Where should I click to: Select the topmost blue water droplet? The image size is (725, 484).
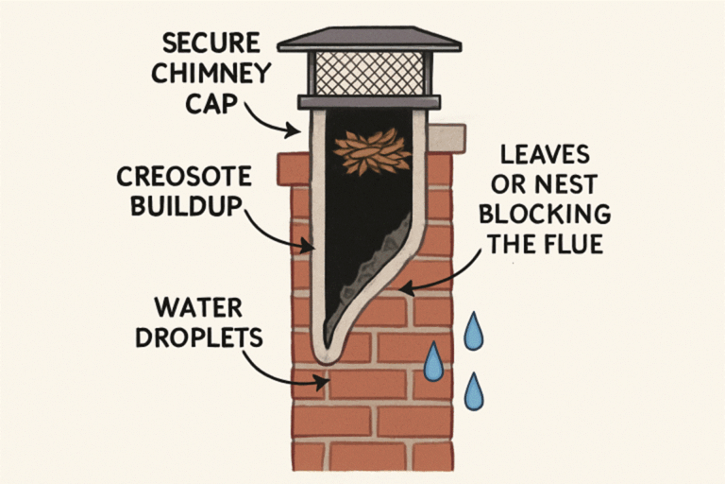pos(472,332)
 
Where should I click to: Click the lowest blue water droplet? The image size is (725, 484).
pos(474,389)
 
